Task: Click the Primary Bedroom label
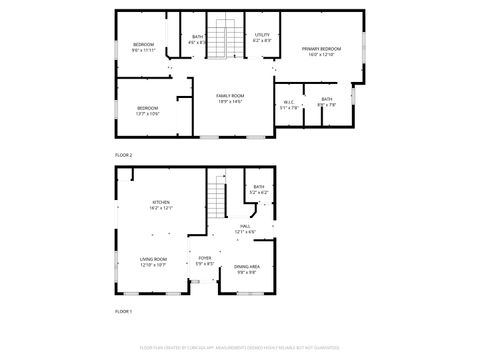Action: coord(317,48)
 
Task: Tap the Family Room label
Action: coord(230,96)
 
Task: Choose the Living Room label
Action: coord(153,259)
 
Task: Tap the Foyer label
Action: coord(204,258)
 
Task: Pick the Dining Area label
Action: coord(247,266)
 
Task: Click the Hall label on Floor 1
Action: coord(245,227)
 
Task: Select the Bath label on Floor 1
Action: coord(258,187)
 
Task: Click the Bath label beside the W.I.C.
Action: coord(327,99)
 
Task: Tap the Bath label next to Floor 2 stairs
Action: coord(196,37)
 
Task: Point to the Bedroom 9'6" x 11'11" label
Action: coord(144,45)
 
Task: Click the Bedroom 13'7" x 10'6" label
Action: coord(147,108)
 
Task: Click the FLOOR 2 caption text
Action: coord(123,155)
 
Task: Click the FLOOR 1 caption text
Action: coord(123,313)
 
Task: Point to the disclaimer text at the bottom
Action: coord(240,349)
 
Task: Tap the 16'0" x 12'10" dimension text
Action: coord(317,54)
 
